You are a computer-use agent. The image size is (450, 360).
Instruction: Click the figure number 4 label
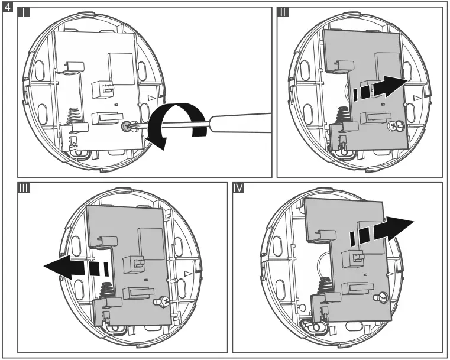pos(7,8)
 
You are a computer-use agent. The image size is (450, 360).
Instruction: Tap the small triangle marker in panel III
pos(187,273)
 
